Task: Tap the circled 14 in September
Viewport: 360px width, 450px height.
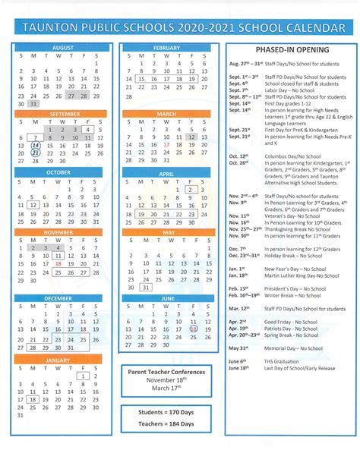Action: click(36, 144)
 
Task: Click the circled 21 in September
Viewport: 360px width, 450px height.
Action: click(36, 153)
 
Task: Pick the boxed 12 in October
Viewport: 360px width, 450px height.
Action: click(33, 204)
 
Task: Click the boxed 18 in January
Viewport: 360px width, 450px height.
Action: click(33, 399)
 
